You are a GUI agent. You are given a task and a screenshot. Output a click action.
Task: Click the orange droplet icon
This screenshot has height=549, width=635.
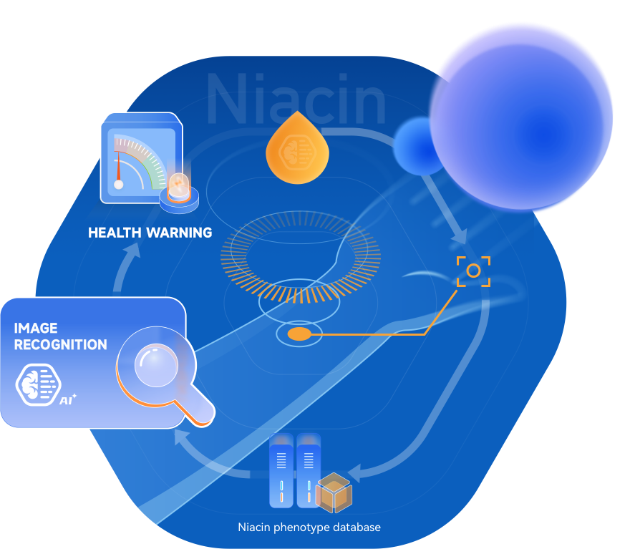[x=297, y=149]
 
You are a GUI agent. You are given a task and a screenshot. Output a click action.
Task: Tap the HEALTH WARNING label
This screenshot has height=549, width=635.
[x=150, y=233]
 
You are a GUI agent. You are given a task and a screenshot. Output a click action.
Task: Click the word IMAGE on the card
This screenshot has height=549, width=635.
[x=36, y=328]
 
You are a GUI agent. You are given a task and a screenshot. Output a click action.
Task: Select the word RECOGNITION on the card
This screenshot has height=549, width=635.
[x=61, y=344]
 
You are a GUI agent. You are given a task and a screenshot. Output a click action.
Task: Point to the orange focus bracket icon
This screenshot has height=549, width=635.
[x=473, y=271]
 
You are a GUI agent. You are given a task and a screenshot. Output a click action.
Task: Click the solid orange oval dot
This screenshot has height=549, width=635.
[x=299, y=334]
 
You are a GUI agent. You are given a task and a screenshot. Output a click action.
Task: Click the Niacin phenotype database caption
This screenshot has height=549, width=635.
[x=309, y=528]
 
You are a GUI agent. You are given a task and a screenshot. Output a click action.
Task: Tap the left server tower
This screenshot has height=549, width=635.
[x=281, y=472]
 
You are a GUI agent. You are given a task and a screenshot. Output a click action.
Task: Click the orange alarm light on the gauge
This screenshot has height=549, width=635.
[x=178, y=188]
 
